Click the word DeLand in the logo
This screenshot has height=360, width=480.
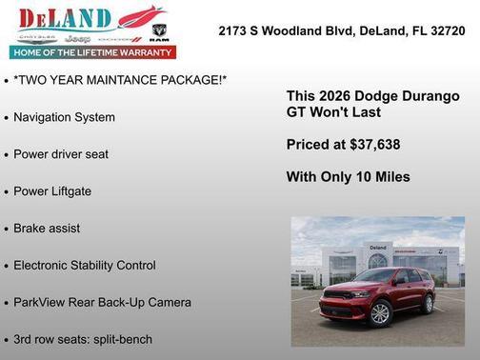point(65,17)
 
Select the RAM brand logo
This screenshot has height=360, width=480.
point(159,34)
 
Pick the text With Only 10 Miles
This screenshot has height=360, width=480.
point(348,177)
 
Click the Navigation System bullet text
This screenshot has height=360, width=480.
point(65,117)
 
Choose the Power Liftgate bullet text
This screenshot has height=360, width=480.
point(52,191)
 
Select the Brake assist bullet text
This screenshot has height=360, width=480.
point(47,229)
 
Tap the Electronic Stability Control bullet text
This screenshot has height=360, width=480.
point(85,266)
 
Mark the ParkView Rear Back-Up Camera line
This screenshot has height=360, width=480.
point(102,303)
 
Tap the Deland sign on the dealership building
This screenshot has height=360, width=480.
point(378,248)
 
